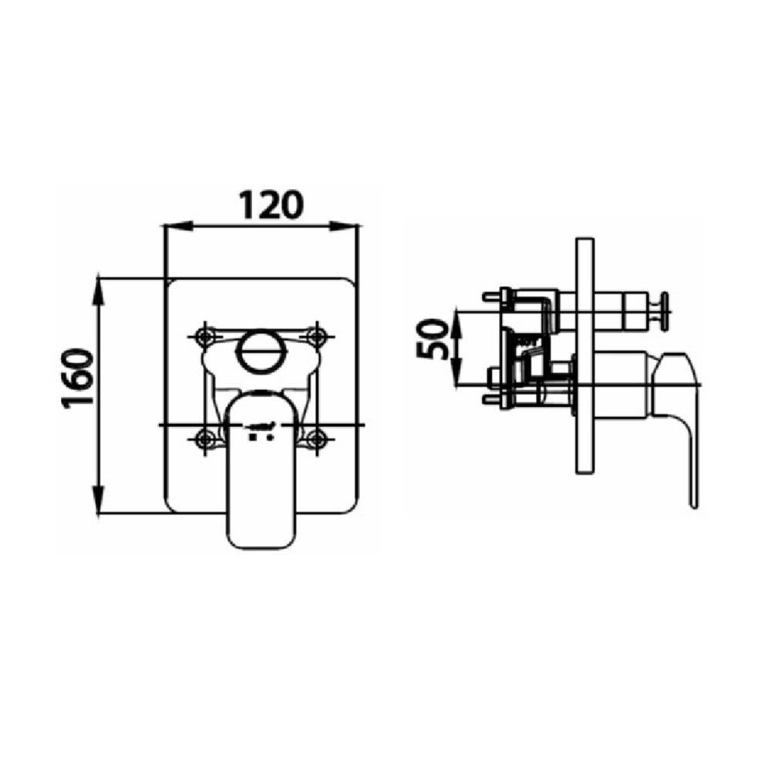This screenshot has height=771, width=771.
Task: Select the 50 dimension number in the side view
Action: click(433, 339)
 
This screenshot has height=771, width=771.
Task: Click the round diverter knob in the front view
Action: click(260, 352)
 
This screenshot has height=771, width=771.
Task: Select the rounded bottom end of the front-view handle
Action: click(261, 540)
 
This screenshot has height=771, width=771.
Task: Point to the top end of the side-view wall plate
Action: click(584, 241)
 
